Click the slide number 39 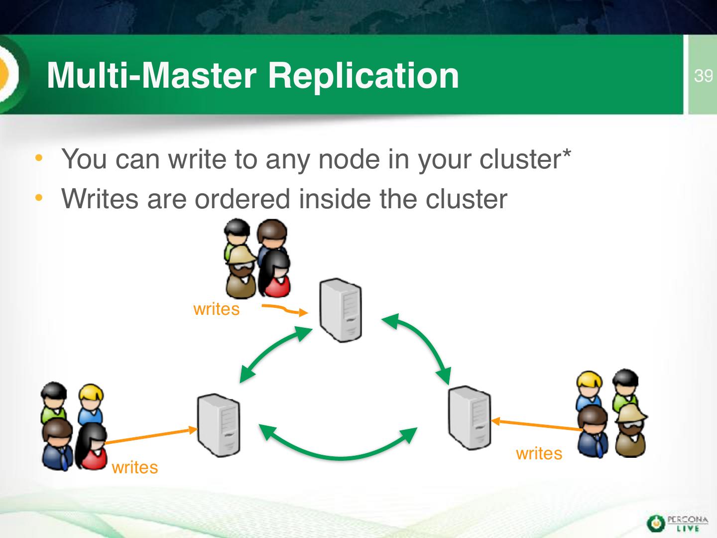tap(703, 76)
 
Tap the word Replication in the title tap(363, 75)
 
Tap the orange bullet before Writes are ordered tap(39, 198)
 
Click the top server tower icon tap(341, 310)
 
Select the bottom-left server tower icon tap(219, 425)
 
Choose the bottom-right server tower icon tap(470, 417)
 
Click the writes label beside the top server tap(216, 309)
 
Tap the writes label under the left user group tap(135, 467)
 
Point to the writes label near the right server tap(539, 453)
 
